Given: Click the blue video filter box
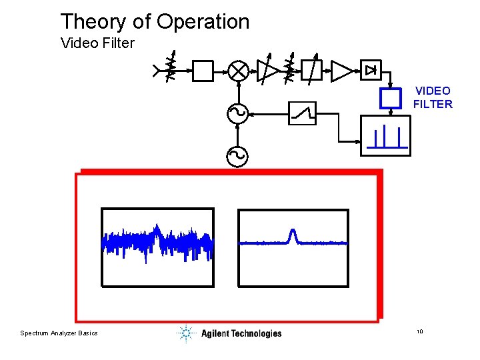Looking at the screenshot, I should click(x=390, y=99).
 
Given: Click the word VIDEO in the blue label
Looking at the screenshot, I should click(x=433, y=91).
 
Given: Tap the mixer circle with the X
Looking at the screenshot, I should click(x=238, y=71).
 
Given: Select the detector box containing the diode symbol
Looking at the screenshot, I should click(x=371, y=69).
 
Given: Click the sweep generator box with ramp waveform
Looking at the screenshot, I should click(x=302, y=113).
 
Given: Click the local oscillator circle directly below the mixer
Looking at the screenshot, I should click(x=238, y=113).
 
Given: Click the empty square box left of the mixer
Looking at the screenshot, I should click(x=203, y=71).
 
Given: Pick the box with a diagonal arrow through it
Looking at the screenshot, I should click(x=312, y=70).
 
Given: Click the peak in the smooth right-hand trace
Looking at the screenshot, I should click(x=291, y=234).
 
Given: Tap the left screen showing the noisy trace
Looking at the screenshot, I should click(x=157, y=247).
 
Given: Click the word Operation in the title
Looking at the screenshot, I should click(x=203, y=22).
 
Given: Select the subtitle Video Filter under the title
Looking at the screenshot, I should click(x=97, y=44).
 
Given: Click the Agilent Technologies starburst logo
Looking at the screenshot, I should click(x=186, y=333).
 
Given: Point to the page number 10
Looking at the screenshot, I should click(x=420, y=332).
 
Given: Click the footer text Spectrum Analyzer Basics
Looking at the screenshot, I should click(x=59, y=333).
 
